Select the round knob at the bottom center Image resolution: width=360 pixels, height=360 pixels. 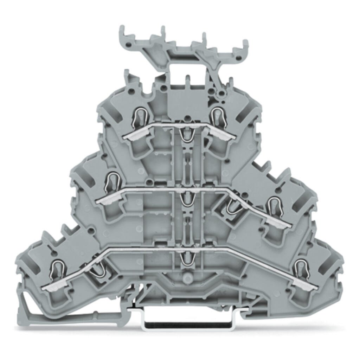click(x=186, y=278)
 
